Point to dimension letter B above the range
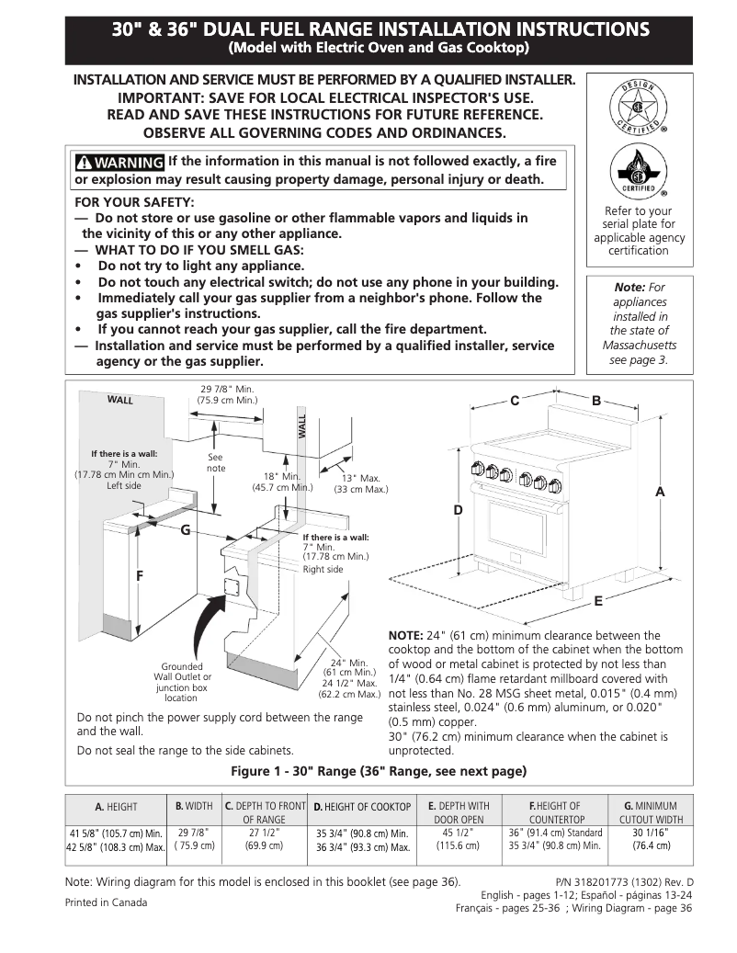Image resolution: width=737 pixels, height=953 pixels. point(595,401)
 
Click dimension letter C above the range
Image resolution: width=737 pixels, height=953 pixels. point(515,401)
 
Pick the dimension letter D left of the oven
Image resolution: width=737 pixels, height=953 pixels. point(457,509)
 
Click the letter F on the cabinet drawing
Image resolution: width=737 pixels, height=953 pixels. point(140,575)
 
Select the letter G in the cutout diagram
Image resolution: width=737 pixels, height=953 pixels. point(185,530)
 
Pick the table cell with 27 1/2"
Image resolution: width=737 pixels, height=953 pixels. point(265,839)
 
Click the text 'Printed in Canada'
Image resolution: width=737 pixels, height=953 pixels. point(106,902)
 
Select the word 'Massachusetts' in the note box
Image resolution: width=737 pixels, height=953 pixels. point(639,346)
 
